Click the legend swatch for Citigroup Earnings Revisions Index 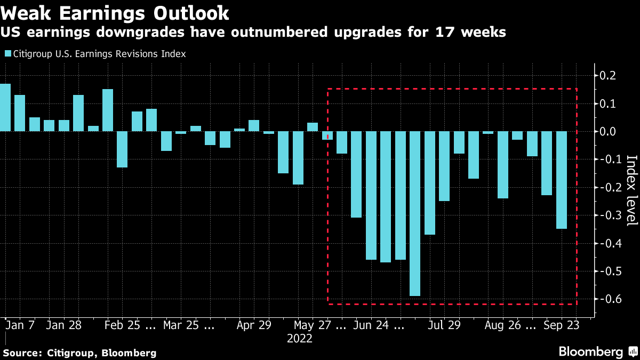pos(8,54)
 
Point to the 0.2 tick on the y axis pos(608,76)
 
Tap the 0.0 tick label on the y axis pos(608,132)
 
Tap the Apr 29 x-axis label pos(254,325)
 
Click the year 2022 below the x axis pos(299,339)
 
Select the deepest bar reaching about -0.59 pos(415,213)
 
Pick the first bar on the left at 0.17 pos(5,107)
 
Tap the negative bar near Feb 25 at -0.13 pos(122,149)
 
